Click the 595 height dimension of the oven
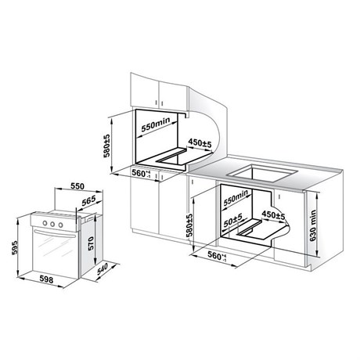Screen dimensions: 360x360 15,247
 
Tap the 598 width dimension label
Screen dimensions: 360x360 46,279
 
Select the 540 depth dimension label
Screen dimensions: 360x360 102,269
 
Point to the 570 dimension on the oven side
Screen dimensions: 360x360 91,243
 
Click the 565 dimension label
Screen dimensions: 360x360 88,201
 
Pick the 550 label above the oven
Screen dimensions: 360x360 77,186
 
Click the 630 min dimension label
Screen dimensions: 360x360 313,225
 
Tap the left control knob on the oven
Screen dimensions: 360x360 45,223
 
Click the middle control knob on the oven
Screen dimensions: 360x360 52,224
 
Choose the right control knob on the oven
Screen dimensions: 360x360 60,225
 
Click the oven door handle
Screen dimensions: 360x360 55,233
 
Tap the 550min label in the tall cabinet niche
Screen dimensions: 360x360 156,124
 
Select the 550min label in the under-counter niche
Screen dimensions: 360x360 236,196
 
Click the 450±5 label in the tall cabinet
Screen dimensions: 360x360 200,142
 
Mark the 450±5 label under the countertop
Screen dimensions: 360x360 273,214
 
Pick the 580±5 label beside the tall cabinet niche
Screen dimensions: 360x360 106,146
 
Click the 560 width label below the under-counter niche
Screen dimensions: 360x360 217,256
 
